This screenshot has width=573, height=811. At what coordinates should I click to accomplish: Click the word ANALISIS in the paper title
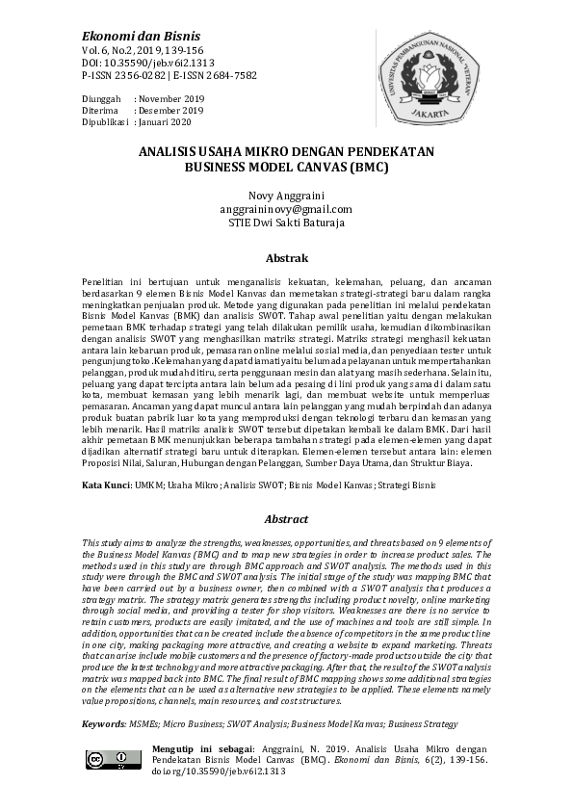(x=171, y=152)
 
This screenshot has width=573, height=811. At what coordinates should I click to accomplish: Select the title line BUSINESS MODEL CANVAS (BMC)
(x=286, y=166)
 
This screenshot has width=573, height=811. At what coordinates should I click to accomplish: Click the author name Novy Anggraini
(x=286, y=196)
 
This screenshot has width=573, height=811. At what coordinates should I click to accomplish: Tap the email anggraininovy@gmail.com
(x=286, y=209)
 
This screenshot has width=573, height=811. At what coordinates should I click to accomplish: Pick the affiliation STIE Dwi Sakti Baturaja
(x=286, y=222)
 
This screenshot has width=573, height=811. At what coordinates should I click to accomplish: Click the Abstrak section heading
(x=286, y=259)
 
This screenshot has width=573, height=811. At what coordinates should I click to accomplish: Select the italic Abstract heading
(x=286, y=519)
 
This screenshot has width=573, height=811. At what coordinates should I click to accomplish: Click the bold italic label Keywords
(x=104, y=721)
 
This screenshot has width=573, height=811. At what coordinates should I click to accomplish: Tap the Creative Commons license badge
(x=107, y=760)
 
